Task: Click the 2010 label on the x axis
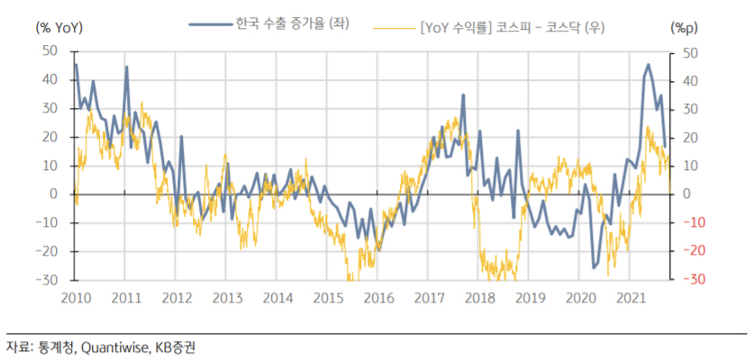75,298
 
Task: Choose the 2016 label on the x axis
380,298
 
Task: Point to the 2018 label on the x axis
482,298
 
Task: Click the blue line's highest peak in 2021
648,65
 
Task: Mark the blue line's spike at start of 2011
126,68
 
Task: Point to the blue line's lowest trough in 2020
594,267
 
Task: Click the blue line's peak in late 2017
463,95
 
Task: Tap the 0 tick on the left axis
53,194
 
